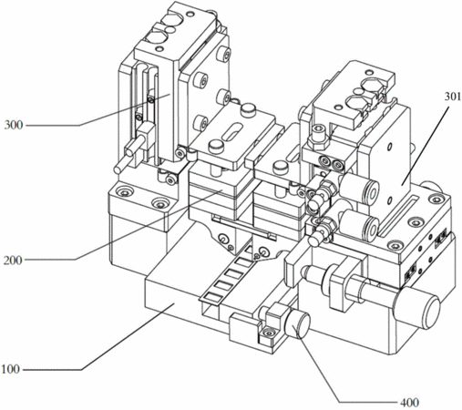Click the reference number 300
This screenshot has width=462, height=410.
(x=14, y=125)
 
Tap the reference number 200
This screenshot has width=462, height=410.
(x=13, y=260)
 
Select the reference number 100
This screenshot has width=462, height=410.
(x=11, y=369)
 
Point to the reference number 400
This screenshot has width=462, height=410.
(x=409, y=403)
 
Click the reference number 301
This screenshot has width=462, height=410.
(x=453, y=97)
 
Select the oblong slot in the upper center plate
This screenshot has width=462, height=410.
(x=233, y=131)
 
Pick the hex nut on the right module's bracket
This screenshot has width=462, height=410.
(x=318, y=141)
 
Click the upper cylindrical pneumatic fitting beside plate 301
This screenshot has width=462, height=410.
(x=359, y=186)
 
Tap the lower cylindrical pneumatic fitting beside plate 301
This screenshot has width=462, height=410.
(x=359, y=224)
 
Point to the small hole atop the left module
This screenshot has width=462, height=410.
(x=190, y=15)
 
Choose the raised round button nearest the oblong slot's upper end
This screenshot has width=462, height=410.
(x=248, y=109)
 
